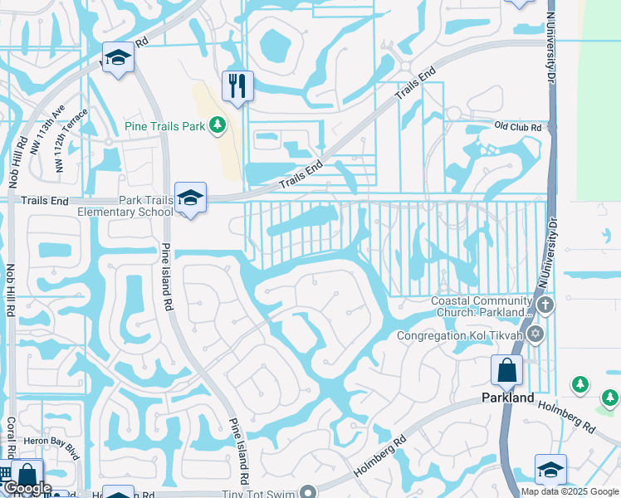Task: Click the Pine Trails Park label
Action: pyautogui.click(x=164, y=126)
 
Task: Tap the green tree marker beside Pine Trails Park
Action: pyautogui.click(x=218, y=125)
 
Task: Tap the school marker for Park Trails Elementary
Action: pyautogui.click(x=191, y=198)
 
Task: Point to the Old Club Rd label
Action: pyautogui.click(x=518, y=127)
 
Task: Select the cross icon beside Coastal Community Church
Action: pyautogui.click(x=545, y=305)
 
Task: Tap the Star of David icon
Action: pyautogui.click(x=535, y=334)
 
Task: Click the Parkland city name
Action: pyautogui.click(x=508, y=398)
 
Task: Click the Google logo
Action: pyautogui.click(x=27, y=488)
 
